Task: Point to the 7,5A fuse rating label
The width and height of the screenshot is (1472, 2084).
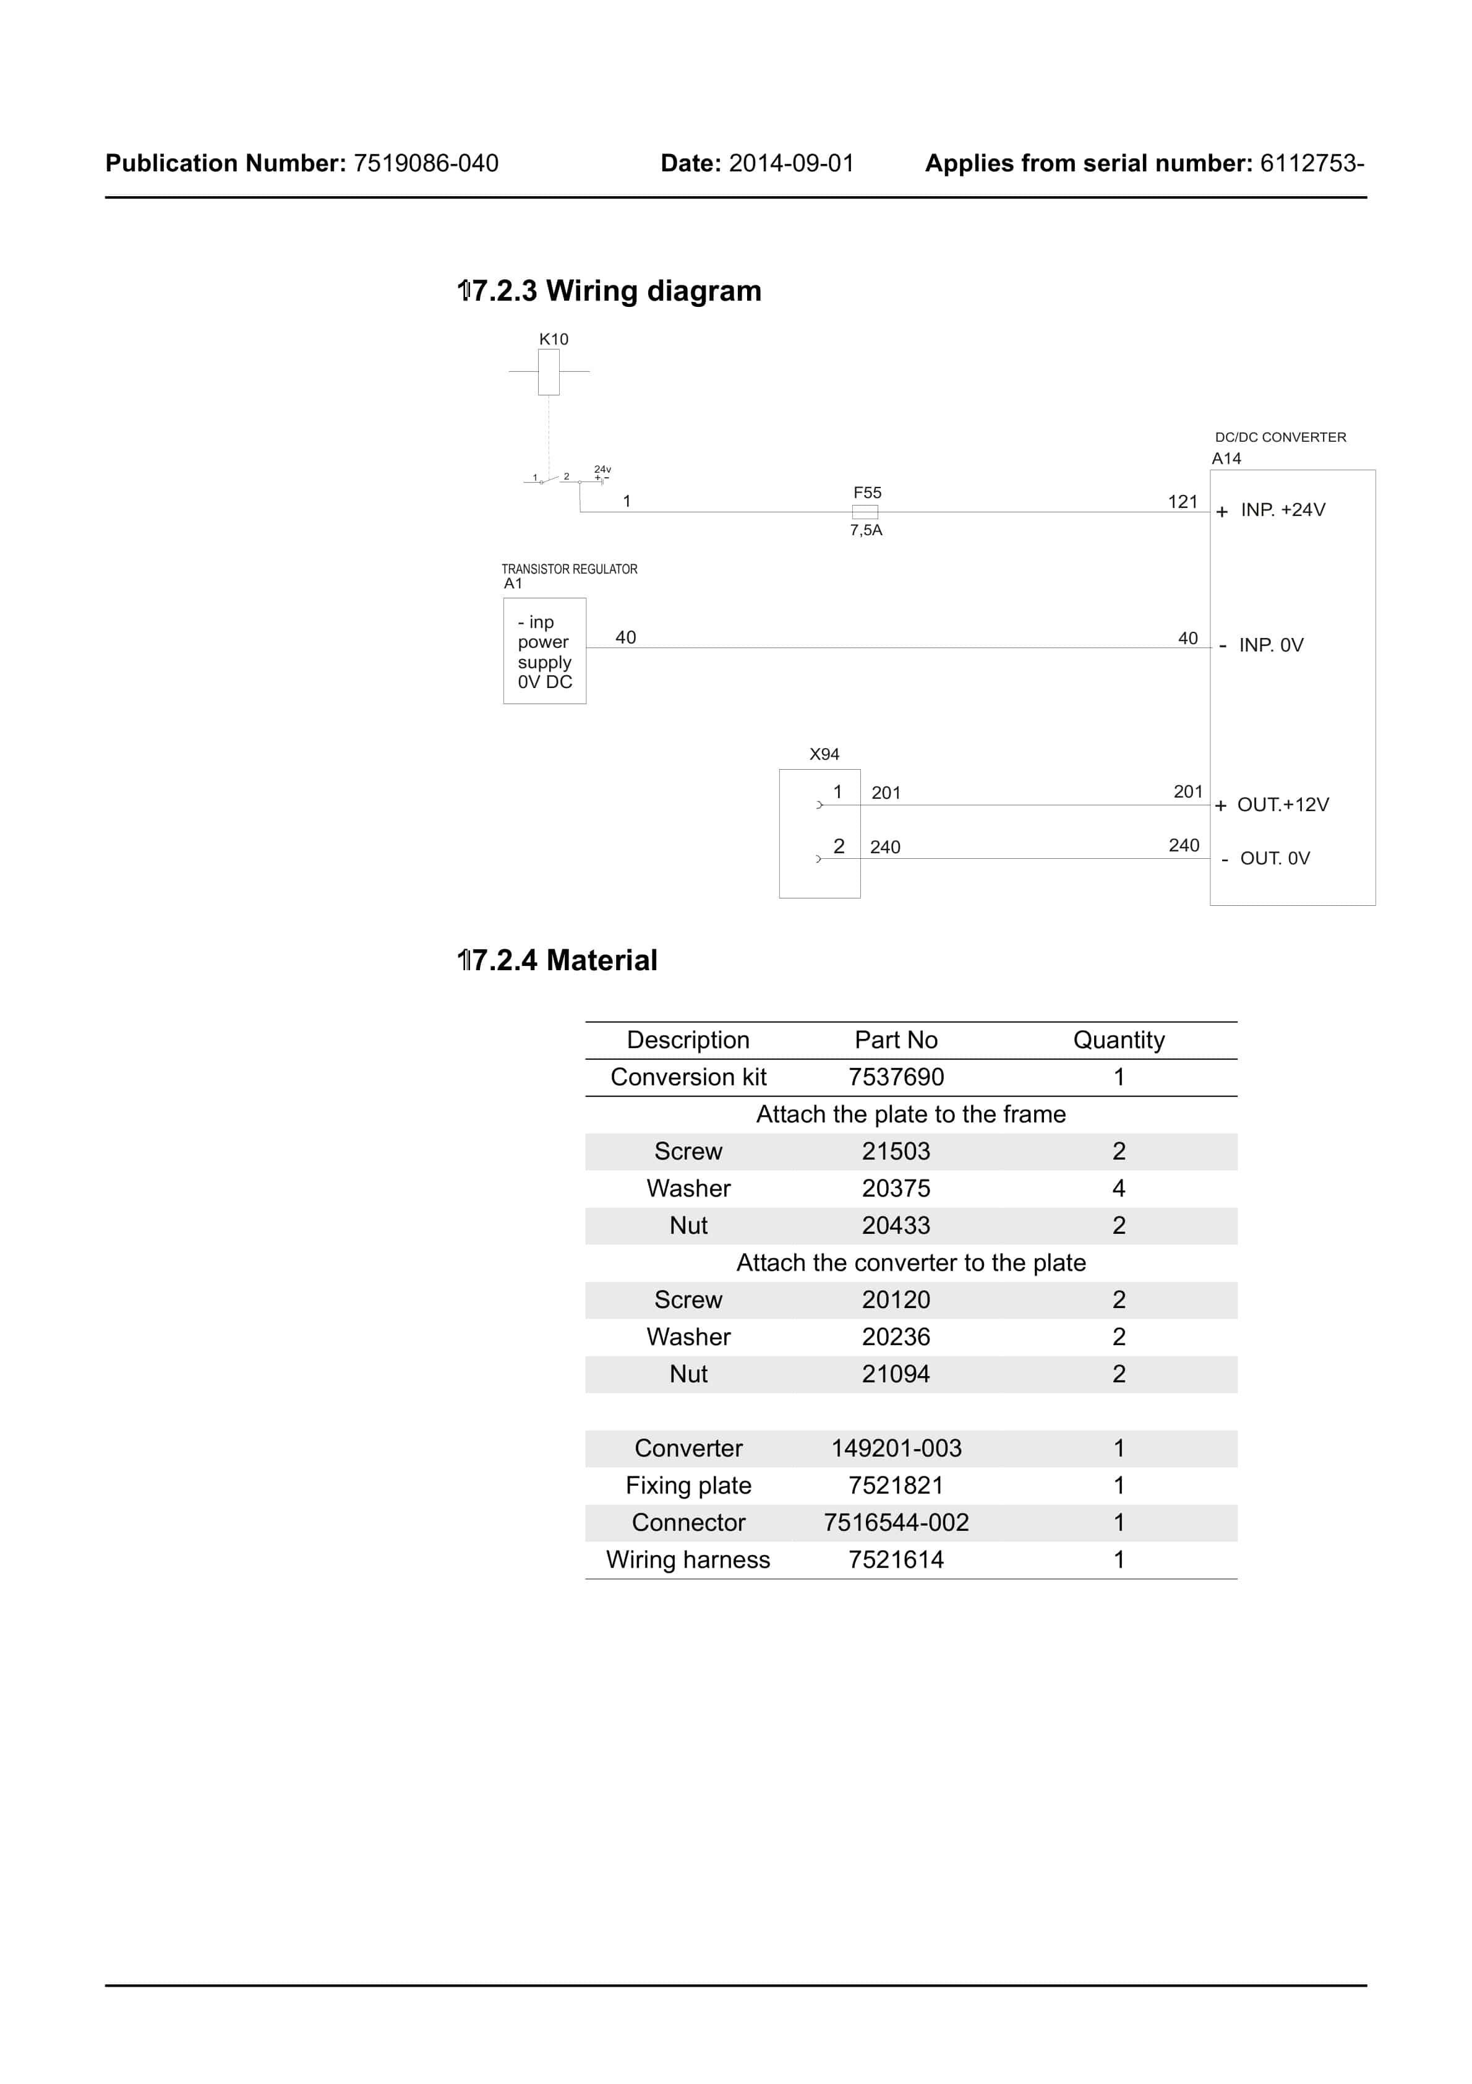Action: click(x=866, y=530)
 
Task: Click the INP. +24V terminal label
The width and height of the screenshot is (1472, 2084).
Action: click(x=1282, y=510)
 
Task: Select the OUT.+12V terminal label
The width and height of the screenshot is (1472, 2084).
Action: click(x=1282, y=805)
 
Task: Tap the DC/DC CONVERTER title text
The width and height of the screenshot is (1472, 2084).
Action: click(x=1280, y=437)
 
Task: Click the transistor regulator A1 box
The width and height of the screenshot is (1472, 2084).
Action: click(x=544, y=651)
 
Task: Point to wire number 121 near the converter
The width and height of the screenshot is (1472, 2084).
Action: click(x=1183, y=502)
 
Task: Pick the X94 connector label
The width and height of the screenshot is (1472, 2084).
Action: click(x=824, y=754)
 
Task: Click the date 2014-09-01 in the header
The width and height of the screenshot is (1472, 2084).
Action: click(x=792, y=163)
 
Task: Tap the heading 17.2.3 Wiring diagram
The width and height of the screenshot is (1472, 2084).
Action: click(x=609, y=291)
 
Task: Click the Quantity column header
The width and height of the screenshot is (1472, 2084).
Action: click(x=1118, y=1040)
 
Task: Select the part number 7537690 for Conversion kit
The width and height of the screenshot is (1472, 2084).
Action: click(x=896, y=1077)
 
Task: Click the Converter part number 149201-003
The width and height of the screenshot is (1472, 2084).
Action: click(x=896, y=1449)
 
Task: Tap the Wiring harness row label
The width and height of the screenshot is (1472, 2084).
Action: click(x=688, y=1561)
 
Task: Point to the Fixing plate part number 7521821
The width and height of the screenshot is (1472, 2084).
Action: click(x=896, y=1486)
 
